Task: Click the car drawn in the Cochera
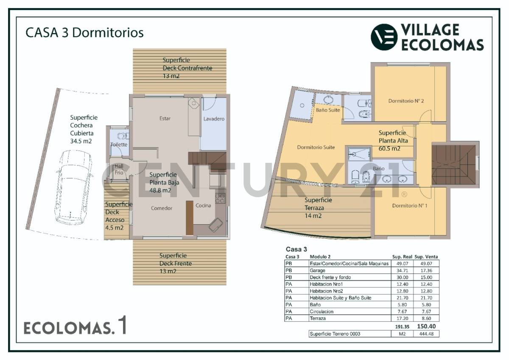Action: click(x=73, y=187)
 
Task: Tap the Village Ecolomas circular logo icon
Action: click(x=384, y=37)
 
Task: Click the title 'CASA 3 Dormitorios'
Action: click(x=84, y=33)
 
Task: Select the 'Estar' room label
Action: click(x=165, y=119)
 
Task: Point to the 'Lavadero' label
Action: click(x=214, y=119)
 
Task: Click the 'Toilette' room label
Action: click(x=119, y=145)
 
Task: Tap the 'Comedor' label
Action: click(x=162, y=208)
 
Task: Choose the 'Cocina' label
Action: click(x=203, y=206)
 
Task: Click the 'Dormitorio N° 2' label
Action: click(x=406, y=101)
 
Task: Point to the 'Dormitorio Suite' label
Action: click(x=316, y=148)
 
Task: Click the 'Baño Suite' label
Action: click(x=328, y=110)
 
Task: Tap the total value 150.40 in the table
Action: click(x=426, y=327)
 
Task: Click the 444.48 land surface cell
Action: click(x=426, y=334)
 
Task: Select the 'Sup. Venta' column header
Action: click(x=426, y=257)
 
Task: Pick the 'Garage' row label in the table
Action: click(x=318, y=271)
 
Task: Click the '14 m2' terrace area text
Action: click(x=313, y=216)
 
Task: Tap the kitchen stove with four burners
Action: click(x=220, y=198)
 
